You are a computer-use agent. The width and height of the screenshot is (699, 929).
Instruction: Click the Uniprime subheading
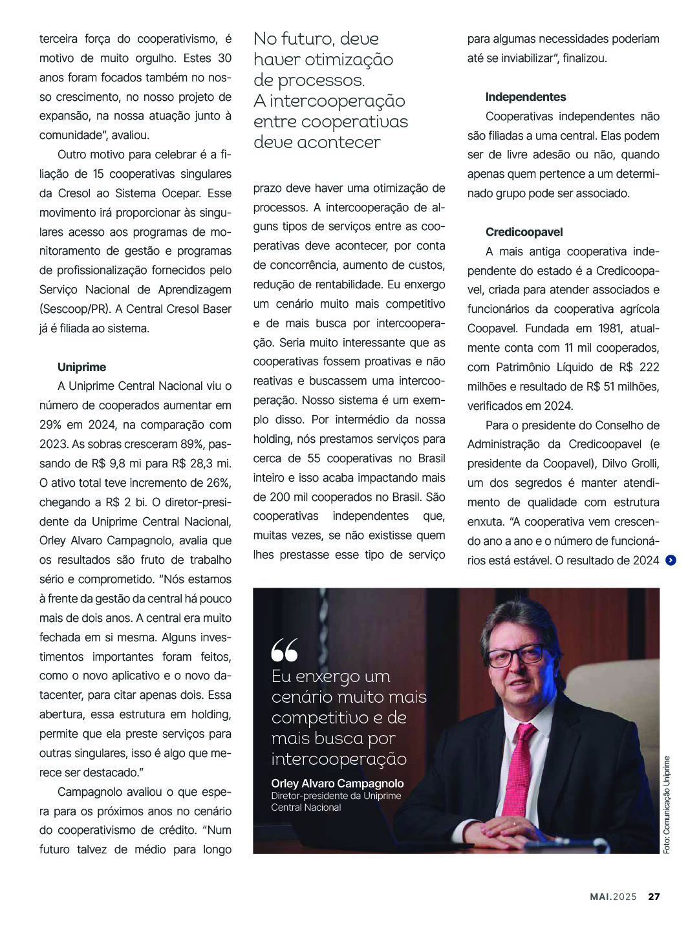click(x=81, y=367)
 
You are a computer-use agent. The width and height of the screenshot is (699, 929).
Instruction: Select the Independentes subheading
click(x=525, y=97)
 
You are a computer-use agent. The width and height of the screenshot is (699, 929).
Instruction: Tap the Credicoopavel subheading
click(x=524, y=232)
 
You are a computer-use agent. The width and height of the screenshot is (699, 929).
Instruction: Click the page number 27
click(x=654, y=897)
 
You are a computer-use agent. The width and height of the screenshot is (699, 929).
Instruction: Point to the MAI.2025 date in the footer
click(x=613, y=897)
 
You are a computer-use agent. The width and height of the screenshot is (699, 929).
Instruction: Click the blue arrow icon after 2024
click(x=671, y=561)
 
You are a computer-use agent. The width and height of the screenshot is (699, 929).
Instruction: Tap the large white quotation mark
click(x=285, y=650)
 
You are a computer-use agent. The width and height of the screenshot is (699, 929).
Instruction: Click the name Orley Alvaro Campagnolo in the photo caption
click(x=337, y=784)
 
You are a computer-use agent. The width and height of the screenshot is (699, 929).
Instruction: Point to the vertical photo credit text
click(x=667, y=805)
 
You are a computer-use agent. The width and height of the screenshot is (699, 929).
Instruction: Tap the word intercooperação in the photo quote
click(x=339, y=759)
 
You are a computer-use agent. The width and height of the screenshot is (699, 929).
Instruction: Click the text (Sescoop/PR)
click(x=74, y=309)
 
